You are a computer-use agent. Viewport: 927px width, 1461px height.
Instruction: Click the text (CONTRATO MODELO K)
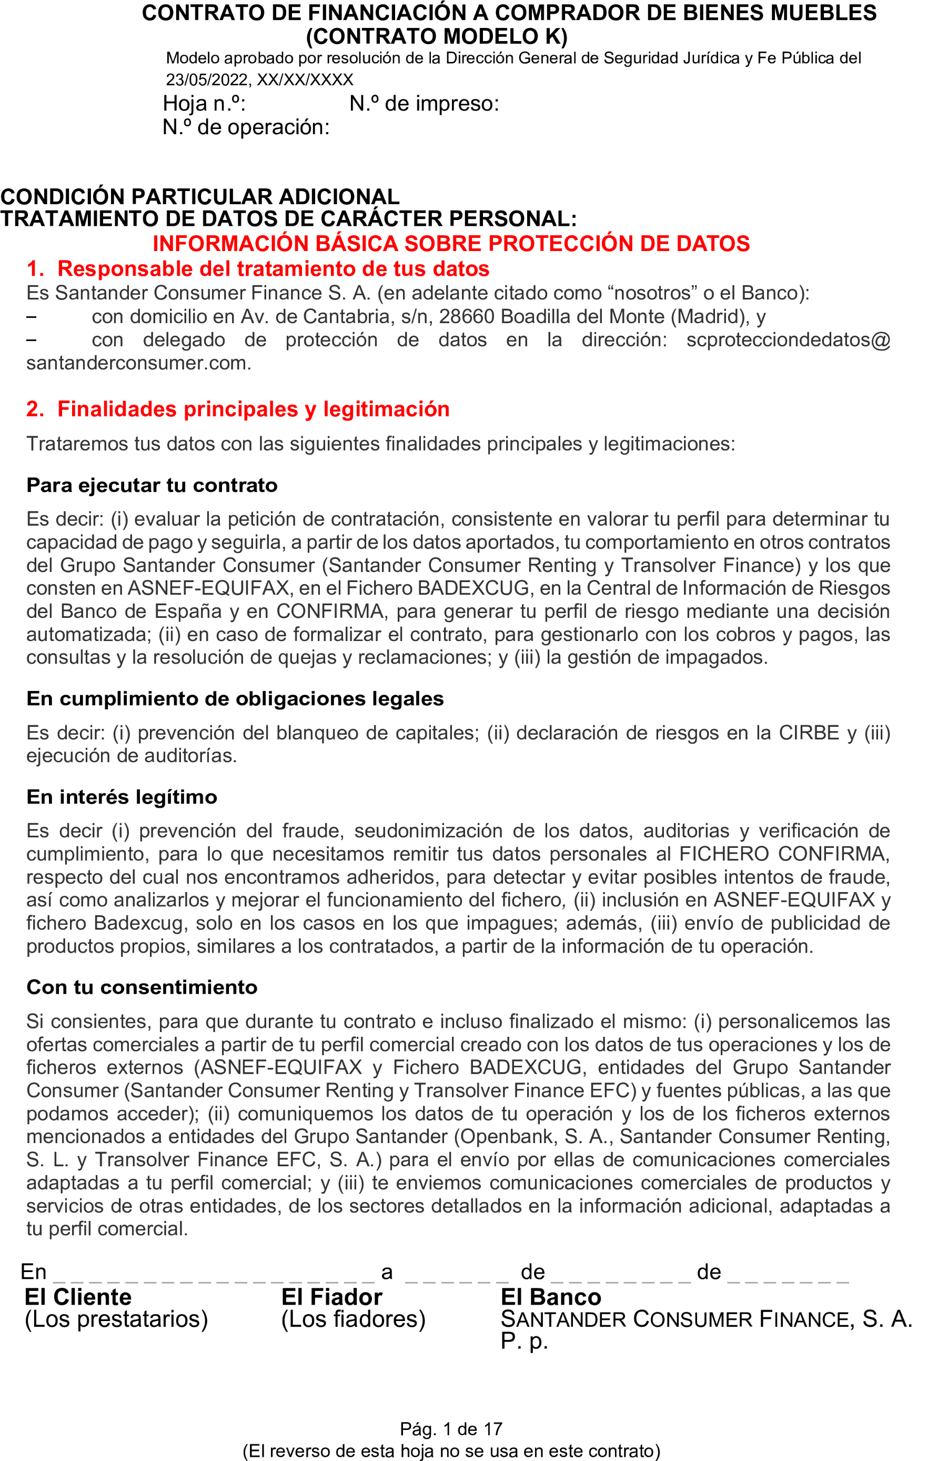pyautogui.click(x=437, y=37)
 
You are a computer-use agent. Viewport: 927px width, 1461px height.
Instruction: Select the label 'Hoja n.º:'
pyautogui.click(x=204, y=104)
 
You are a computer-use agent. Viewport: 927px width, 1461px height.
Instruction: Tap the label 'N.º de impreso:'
pyautogui.click(x=424, y=104)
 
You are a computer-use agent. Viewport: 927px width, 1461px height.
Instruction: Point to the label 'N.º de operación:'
pyautogui.click(x=246, y=127)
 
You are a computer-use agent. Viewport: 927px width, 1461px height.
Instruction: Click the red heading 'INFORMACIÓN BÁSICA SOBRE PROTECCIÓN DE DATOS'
pyautogui.click(x=451, y=243)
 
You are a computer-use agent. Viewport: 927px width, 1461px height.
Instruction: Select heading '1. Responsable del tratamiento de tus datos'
pyautogui.click(x=258, y=269)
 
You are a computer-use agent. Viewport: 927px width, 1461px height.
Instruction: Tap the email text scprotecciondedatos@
pyautogui.click(x=788, y=340)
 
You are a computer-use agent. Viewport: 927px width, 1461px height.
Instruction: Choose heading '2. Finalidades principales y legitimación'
pyautogui.click(x=238, y=409)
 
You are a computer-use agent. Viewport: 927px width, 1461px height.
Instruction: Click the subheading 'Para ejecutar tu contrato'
pyautogui.click(x=152, y=485)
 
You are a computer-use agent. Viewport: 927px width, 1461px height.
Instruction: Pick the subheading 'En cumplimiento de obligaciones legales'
pyautogui.click(x=235, y=699)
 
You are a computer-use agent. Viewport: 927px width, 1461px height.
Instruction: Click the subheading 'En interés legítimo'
pyautogui.click(x=122, y=797)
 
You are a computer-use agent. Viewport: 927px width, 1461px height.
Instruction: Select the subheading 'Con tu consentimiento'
pyautogui.click(x=142, y=987)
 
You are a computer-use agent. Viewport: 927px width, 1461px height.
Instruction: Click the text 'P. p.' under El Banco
pyautogui.click(x=523, y=1341)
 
